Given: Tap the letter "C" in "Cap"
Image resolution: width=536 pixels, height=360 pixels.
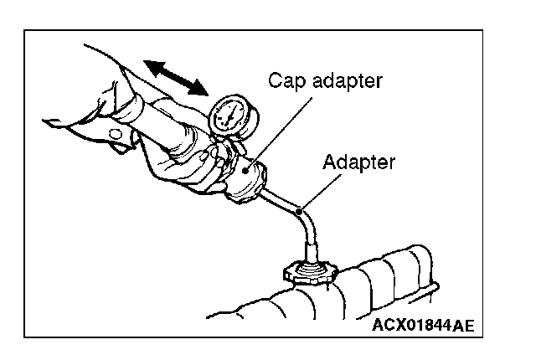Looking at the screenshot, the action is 274,81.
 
